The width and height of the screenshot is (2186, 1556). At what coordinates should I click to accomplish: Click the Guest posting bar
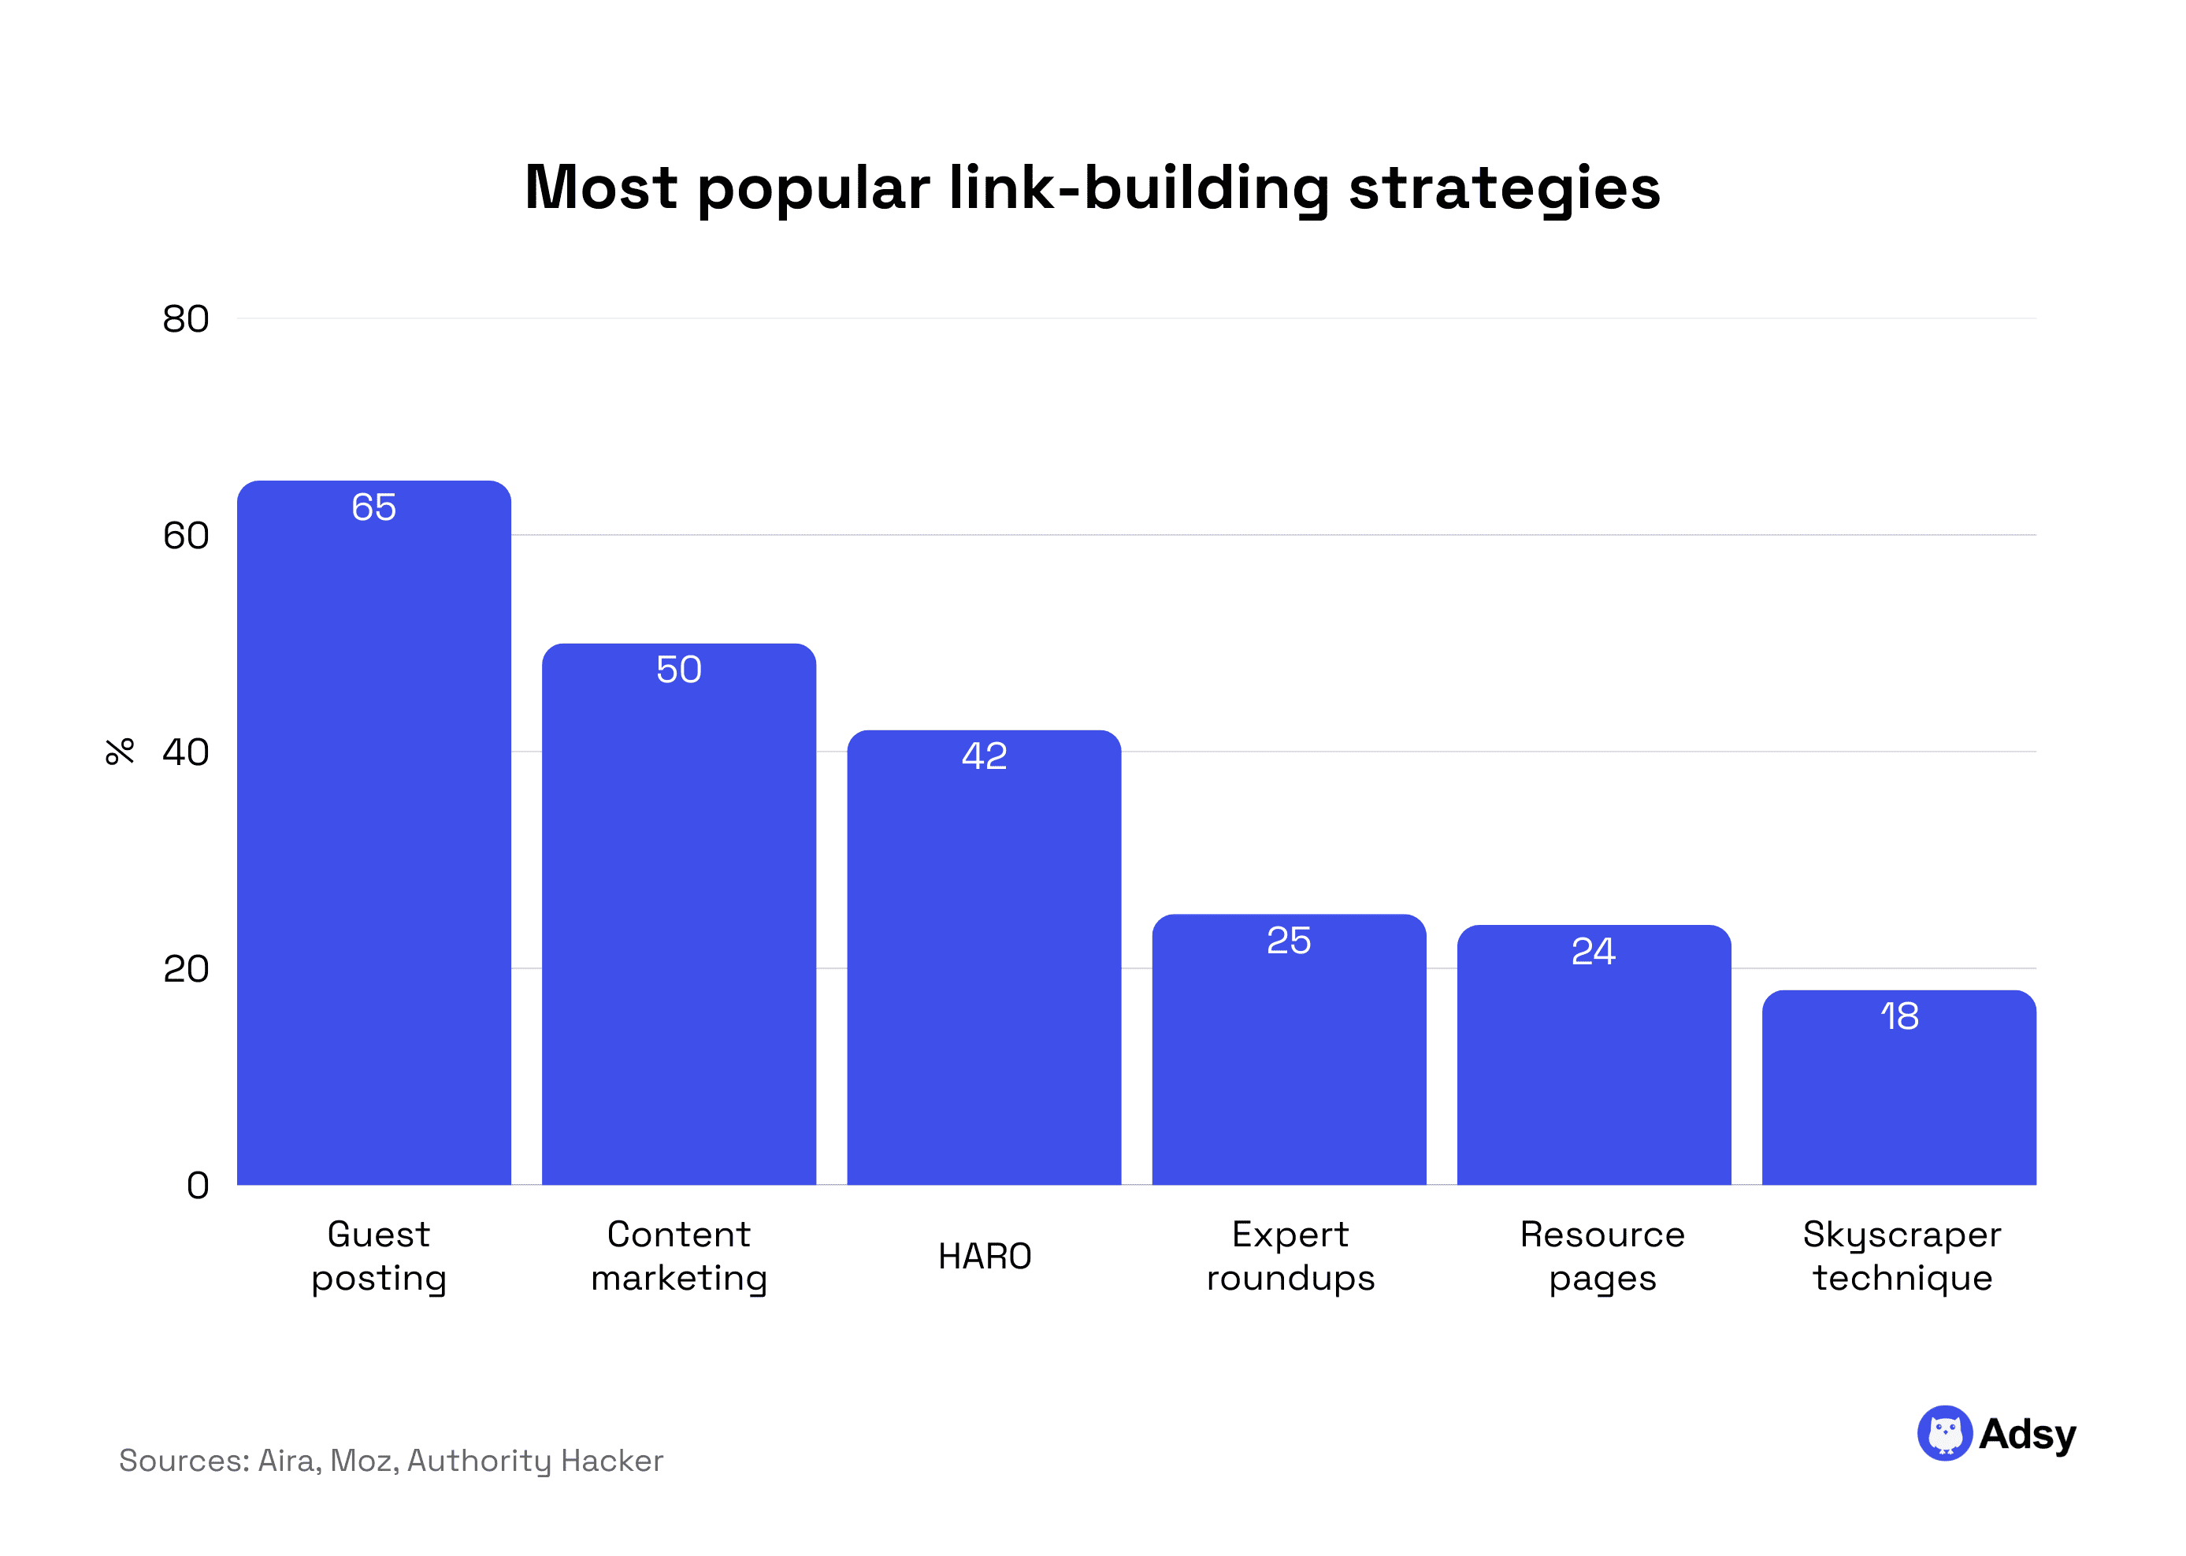click(373, 843)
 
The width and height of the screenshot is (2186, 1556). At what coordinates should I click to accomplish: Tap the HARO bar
click(984, 967)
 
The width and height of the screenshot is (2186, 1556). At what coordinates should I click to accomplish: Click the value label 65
click(373, 507)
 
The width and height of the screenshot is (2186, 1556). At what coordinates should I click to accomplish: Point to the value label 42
click(984, 756)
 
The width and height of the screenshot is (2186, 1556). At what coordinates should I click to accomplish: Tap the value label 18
click(1898, 1016)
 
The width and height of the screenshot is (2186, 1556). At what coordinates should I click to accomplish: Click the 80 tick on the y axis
click(186, 319)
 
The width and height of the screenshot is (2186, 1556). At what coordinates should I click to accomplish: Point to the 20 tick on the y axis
click(186, 969)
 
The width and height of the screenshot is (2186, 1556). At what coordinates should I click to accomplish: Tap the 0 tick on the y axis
click(198, 1185)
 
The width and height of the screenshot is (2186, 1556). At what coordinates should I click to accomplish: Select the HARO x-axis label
click(984, 1256)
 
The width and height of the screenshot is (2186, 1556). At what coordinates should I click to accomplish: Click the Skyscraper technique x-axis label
click(1902, 1256)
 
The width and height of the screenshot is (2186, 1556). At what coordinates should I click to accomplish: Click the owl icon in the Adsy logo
click(1943, 1433)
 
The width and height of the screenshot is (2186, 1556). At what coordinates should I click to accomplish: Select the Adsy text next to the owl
click(2027, 1435)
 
